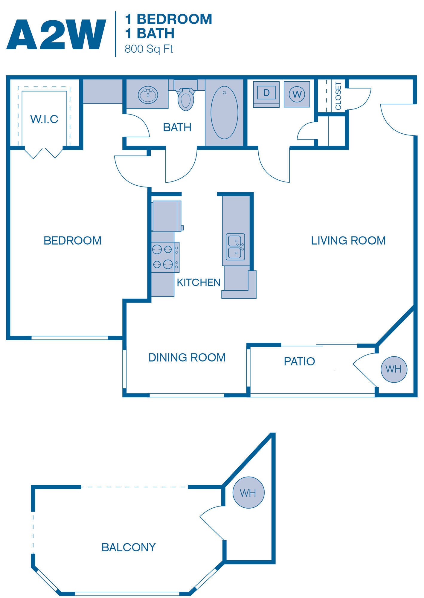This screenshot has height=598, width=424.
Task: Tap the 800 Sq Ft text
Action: pyautogui.click(x=149, y=49)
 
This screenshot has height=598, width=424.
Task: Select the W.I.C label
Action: pyautogui.click(x=44, y=119)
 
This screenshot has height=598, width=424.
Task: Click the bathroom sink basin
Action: pyautogui.click(x=148, y=95)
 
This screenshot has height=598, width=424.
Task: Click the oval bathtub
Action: pyautogui.click(x=224, y=113)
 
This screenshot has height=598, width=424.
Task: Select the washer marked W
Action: pyautogui.click(x=297, y=94)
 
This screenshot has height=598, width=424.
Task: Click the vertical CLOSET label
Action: pyautogui.click(x=338, y=96)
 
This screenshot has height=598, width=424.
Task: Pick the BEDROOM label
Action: pyautogui.click(x=72, y=241)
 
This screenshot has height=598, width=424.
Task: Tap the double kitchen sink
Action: pyautogui.click(x=235, y=247)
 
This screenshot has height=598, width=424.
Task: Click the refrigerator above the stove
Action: pyautogui.click(x=167, y=216)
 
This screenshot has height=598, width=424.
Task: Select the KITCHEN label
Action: pyautogui.click(x=198, y=283)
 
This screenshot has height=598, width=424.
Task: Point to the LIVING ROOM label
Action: pyautogui.click(x=348, y=241)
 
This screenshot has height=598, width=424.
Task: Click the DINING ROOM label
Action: pyautogui.click(x=187, y=358)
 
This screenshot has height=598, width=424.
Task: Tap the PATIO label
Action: pyautogui.click(x=299, y=361)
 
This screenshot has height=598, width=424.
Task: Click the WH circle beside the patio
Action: pyautogui.click(x=394, y=369)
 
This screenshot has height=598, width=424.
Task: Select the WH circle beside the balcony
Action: pyautogui.click(x=248, y=492)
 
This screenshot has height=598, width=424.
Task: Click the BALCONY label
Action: pyautogui.click(x=129, y=547)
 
